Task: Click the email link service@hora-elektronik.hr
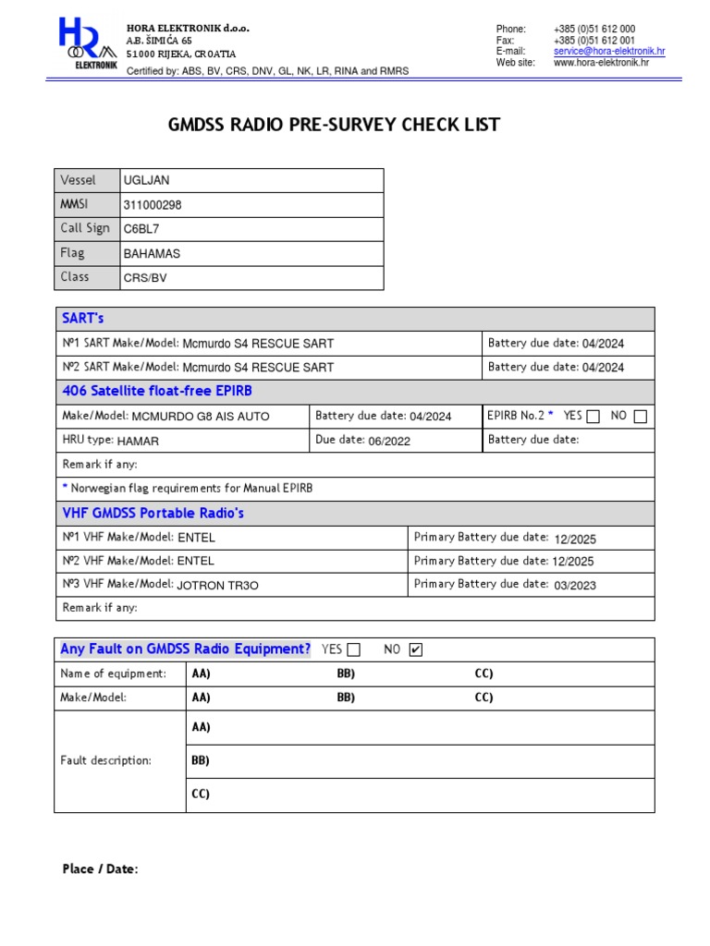tap(608, 52)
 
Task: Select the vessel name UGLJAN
tap(146, 181)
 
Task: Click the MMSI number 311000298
tap(159, 205)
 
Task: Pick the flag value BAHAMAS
tap(152, 254)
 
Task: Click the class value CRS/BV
tap(145, 277)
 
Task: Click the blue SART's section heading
tap(83, 318)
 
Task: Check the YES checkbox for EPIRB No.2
tap(593, 417)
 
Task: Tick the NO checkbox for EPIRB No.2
tap(640, 417)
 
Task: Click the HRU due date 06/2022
tap(389, 441)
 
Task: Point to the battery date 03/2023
tap(575, 585)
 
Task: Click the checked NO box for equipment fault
tap(415, 650)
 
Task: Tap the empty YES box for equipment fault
tap(353, 650)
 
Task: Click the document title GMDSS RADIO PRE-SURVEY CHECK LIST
tap(334, 125)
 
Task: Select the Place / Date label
tap(100, 869)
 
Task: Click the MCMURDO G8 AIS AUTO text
tap(201, 417)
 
